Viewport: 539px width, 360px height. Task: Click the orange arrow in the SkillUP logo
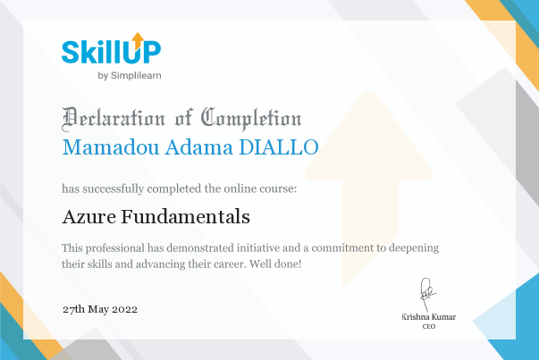tap(138, 40)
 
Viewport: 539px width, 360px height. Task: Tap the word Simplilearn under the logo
tap(136, 76)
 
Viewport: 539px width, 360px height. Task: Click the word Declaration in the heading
tap(114, 119)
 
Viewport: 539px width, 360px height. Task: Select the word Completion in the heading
tap(251, 119)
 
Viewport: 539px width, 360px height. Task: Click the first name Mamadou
tap(110, 147)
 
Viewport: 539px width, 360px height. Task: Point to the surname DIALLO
tap(279, 147)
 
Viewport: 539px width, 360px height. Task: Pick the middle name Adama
tap(199, 147)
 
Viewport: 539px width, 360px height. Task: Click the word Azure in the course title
tap(88, 217)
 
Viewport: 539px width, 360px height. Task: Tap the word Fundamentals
tap(185, 217)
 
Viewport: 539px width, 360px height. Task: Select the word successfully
tap(114, 188)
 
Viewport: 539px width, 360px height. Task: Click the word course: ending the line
tap(278, 188)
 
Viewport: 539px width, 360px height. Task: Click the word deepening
tap(414, 248)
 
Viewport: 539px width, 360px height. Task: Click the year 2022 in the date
tap(124, 309)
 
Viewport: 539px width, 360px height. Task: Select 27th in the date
tap(73, 309)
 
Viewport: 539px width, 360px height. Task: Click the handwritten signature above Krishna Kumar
tap(427, 295)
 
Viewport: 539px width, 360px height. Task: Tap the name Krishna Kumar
tap(429, 317)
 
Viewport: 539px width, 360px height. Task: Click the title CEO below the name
tap(429, 326)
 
